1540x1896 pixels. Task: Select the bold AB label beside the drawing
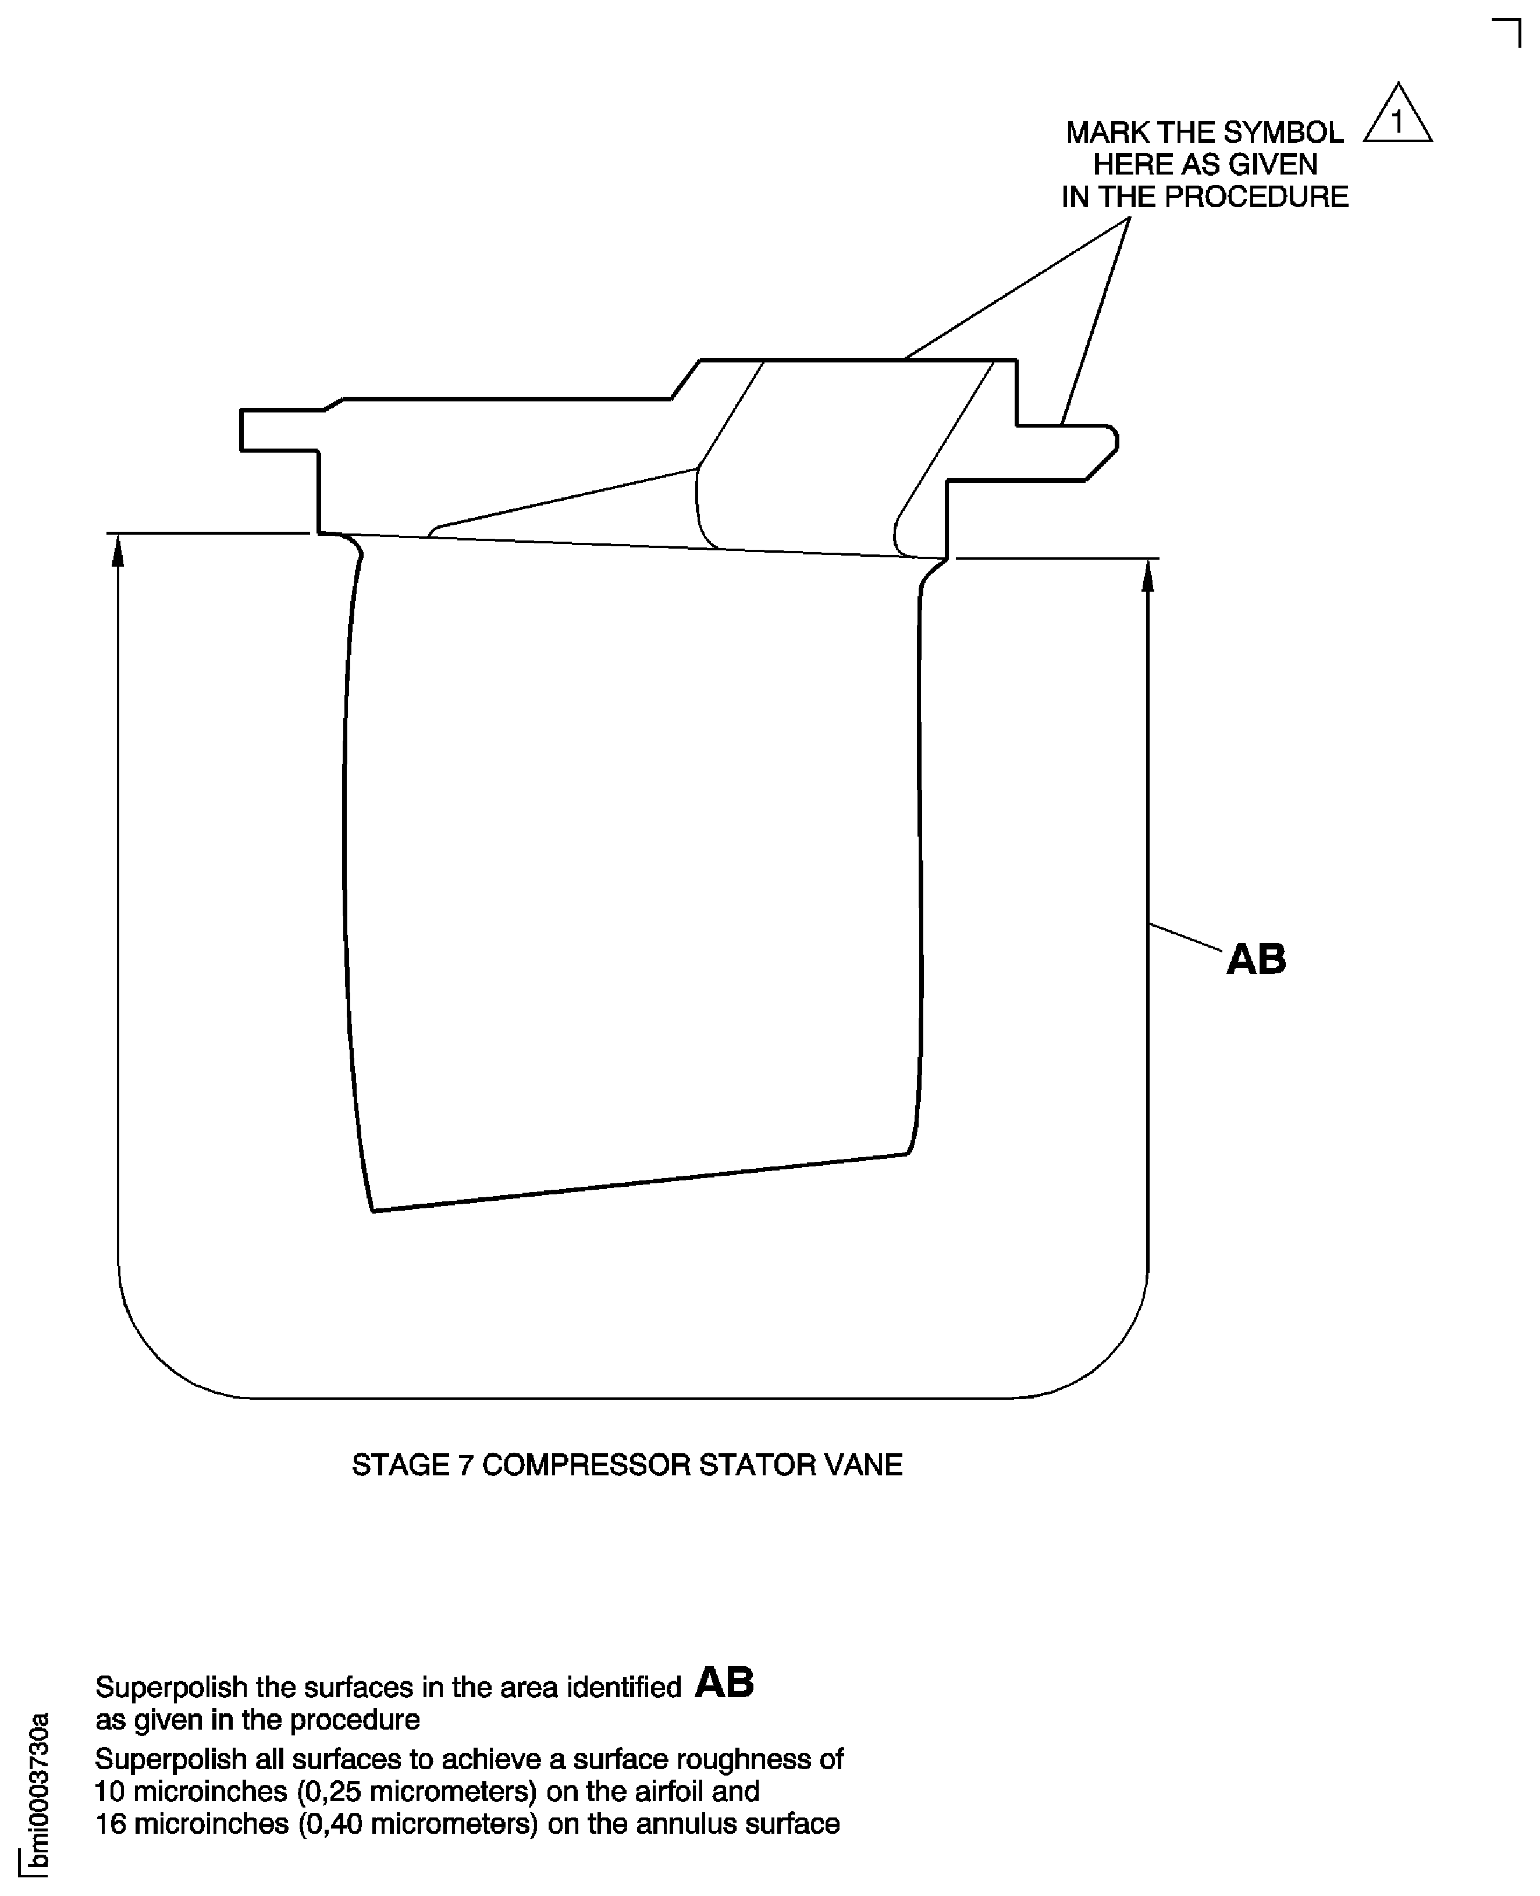(x=1256, y=959)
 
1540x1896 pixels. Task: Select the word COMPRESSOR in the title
(x=585, y=1465)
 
